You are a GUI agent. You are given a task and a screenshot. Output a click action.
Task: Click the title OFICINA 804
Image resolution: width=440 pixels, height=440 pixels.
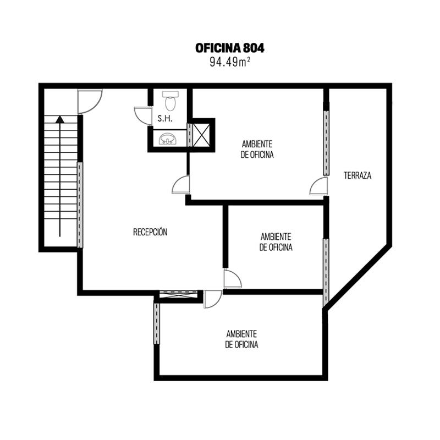(230, 48)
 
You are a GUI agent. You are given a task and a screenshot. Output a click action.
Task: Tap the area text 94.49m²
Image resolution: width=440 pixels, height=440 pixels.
(230, 62)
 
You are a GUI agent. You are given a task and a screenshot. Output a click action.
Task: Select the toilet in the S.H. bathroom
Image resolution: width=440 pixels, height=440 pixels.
(170, 101)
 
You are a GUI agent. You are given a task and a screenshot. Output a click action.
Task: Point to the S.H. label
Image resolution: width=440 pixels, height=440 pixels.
(165, 119)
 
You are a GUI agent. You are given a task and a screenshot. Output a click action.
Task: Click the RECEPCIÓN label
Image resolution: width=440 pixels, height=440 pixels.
(150, 232)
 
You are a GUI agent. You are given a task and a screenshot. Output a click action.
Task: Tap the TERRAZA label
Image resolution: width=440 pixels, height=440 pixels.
(358, 175)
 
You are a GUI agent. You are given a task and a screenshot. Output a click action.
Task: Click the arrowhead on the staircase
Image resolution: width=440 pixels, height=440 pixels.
(60, 119)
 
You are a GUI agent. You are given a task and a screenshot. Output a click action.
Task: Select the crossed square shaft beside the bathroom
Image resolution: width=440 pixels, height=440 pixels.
(201, 135)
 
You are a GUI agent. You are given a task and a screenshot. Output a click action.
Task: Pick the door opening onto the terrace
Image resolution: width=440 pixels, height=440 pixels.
(319, 185)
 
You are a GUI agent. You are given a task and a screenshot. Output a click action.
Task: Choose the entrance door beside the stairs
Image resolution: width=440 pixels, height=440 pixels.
(90, 101)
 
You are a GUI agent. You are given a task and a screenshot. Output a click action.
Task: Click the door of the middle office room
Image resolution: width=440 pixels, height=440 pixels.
(232, 279)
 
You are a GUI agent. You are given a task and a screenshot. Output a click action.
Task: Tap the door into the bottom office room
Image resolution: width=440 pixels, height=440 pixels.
(213, 299)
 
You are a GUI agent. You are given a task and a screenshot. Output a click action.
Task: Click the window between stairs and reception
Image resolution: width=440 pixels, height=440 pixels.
(80, 205)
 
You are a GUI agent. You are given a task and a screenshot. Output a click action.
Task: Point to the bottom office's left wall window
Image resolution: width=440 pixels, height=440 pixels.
(157, 323)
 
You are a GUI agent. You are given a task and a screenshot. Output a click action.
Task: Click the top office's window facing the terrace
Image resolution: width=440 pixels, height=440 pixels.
(326, 142)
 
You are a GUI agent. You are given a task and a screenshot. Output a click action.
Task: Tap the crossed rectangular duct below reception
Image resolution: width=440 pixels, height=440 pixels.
(179, 294)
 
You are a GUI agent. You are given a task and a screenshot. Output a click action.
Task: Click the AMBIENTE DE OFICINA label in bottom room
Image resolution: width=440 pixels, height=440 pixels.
(241, 339)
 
